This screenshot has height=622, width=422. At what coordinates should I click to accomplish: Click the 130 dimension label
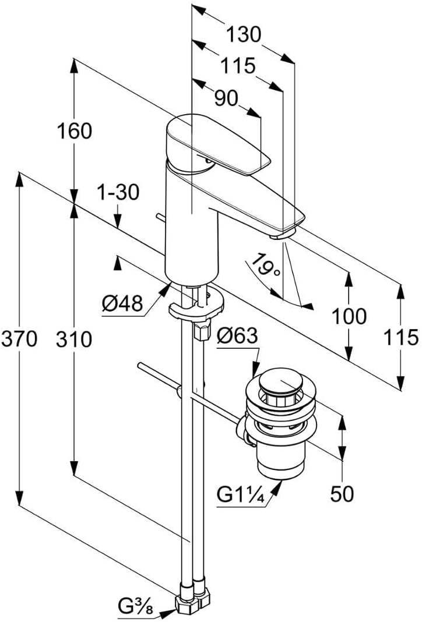point(243,35)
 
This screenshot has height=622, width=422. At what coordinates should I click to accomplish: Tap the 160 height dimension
point(74,132)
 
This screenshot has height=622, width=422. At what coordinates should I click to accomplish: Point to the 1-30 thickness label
point(119,192)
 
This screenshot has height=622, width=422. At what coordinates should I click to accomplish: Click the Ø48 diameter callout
point(122,304)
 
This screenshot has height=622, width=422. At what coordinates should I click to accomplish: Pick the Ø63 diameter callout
point(237,336)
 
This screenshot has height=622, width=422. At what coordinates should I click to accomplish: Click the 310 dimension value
point(74,339)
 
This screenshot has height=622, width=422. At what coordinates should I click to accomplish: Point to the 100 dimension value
point(349,317)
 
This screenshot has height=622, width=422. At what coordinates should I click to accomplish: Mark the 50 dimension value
point(342,494)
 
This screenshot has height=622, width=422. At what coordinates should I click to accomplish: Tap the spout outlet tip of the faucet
point(282,235)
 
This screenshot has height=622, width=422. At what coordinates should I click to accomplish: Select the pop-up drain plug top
point(282,385)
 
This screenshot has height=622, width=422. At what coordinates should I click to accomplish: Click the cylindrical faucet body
point(191,233)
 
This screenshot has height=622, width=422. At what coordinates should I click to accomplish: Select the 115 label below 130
point(238,66)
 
